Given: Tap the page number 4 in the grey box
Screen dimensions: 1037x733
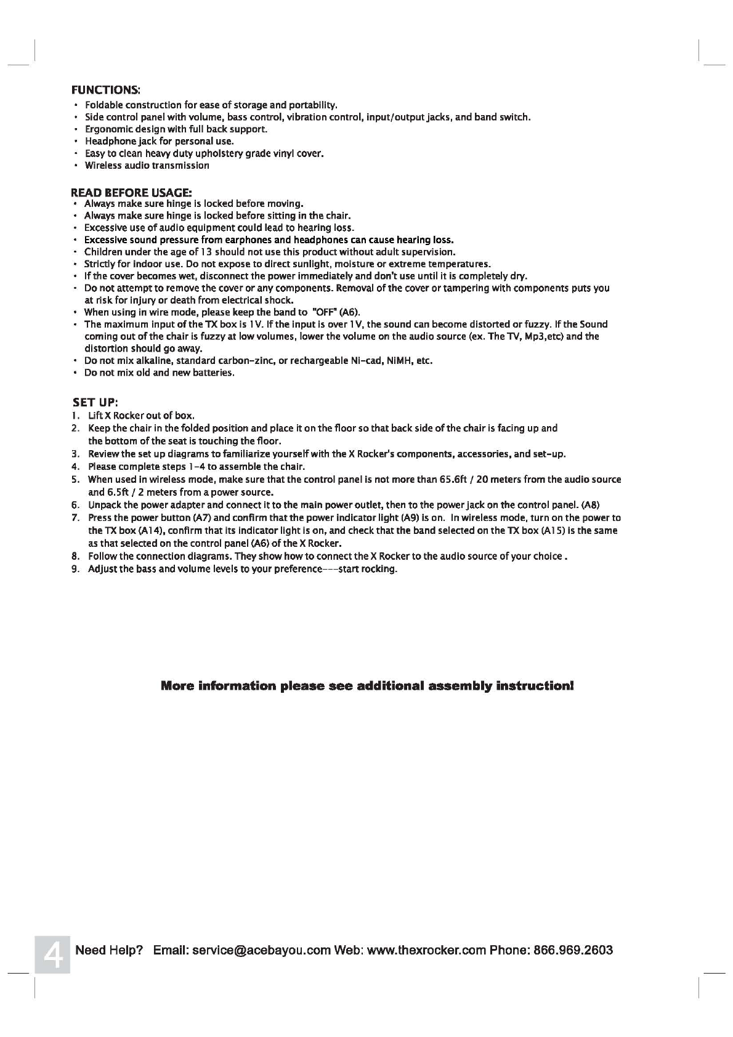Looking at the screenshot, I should [x=52, y=954].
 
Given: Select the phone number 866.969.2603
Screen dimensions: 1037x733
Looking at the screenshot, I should [x=573, y=950].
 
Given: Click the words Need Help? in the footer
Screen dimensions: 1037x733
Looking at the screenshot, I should [x=109, y=950].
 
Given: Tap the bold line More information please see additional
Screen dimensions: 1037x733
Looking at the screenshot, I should [x=367, y=686].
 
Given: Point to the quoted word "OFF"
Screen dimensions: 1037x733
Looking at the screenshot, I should [x=323, y=312].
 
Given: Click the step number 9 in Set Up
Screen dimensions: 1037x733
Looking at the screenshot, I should [x=75, y=569].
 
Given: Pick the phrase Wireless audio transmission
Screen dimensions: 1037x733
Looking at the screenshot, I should [x=147, y=166].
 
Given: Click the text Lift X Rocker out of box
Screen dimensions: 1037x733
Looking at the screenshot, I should [x=141, y=416].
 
